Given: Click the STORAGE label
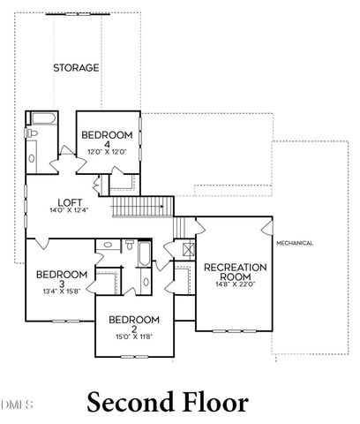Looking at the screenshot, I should [x=76, y=67].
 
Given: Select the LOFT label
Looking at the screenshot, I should [x=64, y=201].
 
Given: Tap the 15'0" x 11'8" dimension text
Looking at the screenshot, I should [x=134, y=337].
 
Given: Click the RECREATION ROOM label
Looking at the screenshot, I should [x=230, y=273].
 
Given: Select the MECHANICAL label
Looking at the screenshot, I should [x=295, y=242].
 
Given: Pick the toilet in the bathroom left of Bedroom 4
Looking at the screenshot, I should [x=34, y=132].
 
